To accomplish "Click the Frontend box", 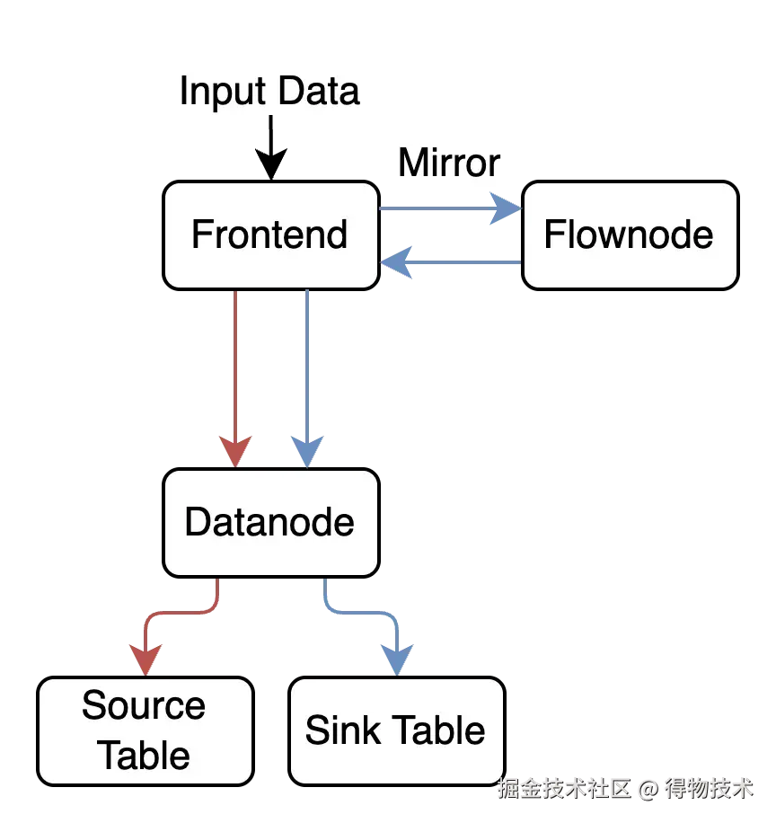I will coord(270,235).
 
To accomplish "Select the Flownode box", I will coord(630,235).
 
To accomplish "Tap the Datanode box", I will coord(270,523).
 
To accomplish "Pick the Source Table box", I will coord(145,730).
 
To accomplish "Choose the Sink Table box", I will coord(396,730).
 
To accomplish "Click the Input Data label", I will coord(269,92).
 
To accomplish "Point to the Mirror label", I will coord(449,163).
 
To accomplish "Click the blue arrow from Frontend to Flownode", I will coord(440,208).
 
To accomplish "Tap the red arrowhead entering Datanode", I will coord(235,450).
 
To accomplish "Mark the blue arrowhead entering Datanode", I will coord(307,450).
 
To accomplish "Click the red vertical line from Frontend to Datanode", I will coord(234,359).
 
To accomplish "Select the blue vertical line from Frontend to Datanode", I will coord(306,359).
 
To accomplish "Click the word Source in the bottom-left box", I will coord(144,706).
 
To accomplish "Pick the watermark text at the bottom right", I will coord(624,789).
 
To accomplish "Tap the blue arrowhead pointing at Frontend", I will coord(395,262).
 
